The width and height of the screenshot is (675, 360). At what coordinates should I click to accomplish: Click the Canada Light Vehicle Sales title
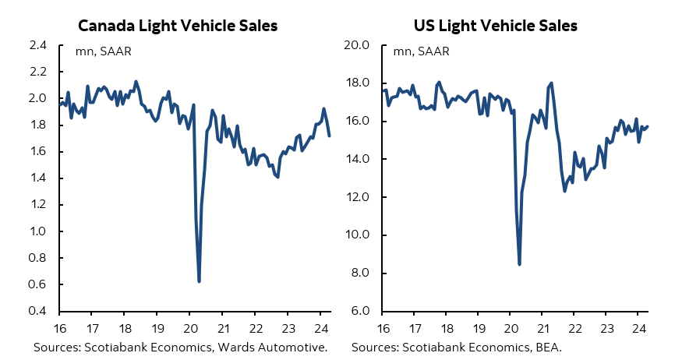pos(178,26)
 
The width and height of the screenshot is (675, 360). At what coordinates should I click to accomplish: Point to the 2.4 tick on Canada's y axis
pos(37,45)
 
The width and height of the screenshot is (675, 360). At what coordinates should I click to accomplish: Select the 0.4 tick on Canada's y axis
pos(37,312)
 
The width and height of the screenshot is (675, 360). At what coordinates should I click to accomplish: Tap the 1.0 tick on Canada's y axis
pos(37,231)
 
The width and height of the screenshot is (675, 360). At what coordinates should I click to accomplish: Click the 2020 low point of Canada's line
pos(200,281)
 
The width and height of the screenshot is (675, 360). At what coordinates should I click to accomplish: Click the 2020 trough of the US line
pos(519,264)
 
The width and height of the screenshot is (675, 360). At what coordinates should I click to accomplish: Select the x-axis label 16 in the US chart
pos(383,328)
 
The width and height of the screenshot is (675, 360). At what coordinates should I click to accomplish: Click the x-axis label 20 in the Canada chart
pos(189,328)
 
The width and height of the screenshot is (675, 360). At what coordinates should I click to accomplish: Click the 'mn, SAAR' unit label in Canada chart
pos(101,52)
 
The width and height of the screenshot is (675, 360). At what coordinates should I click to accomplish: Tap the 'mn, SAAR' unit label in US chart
pos(419,52)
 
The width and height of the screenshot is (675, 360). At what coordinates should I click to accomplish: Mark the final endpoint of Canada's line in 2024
pos(329,136)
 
